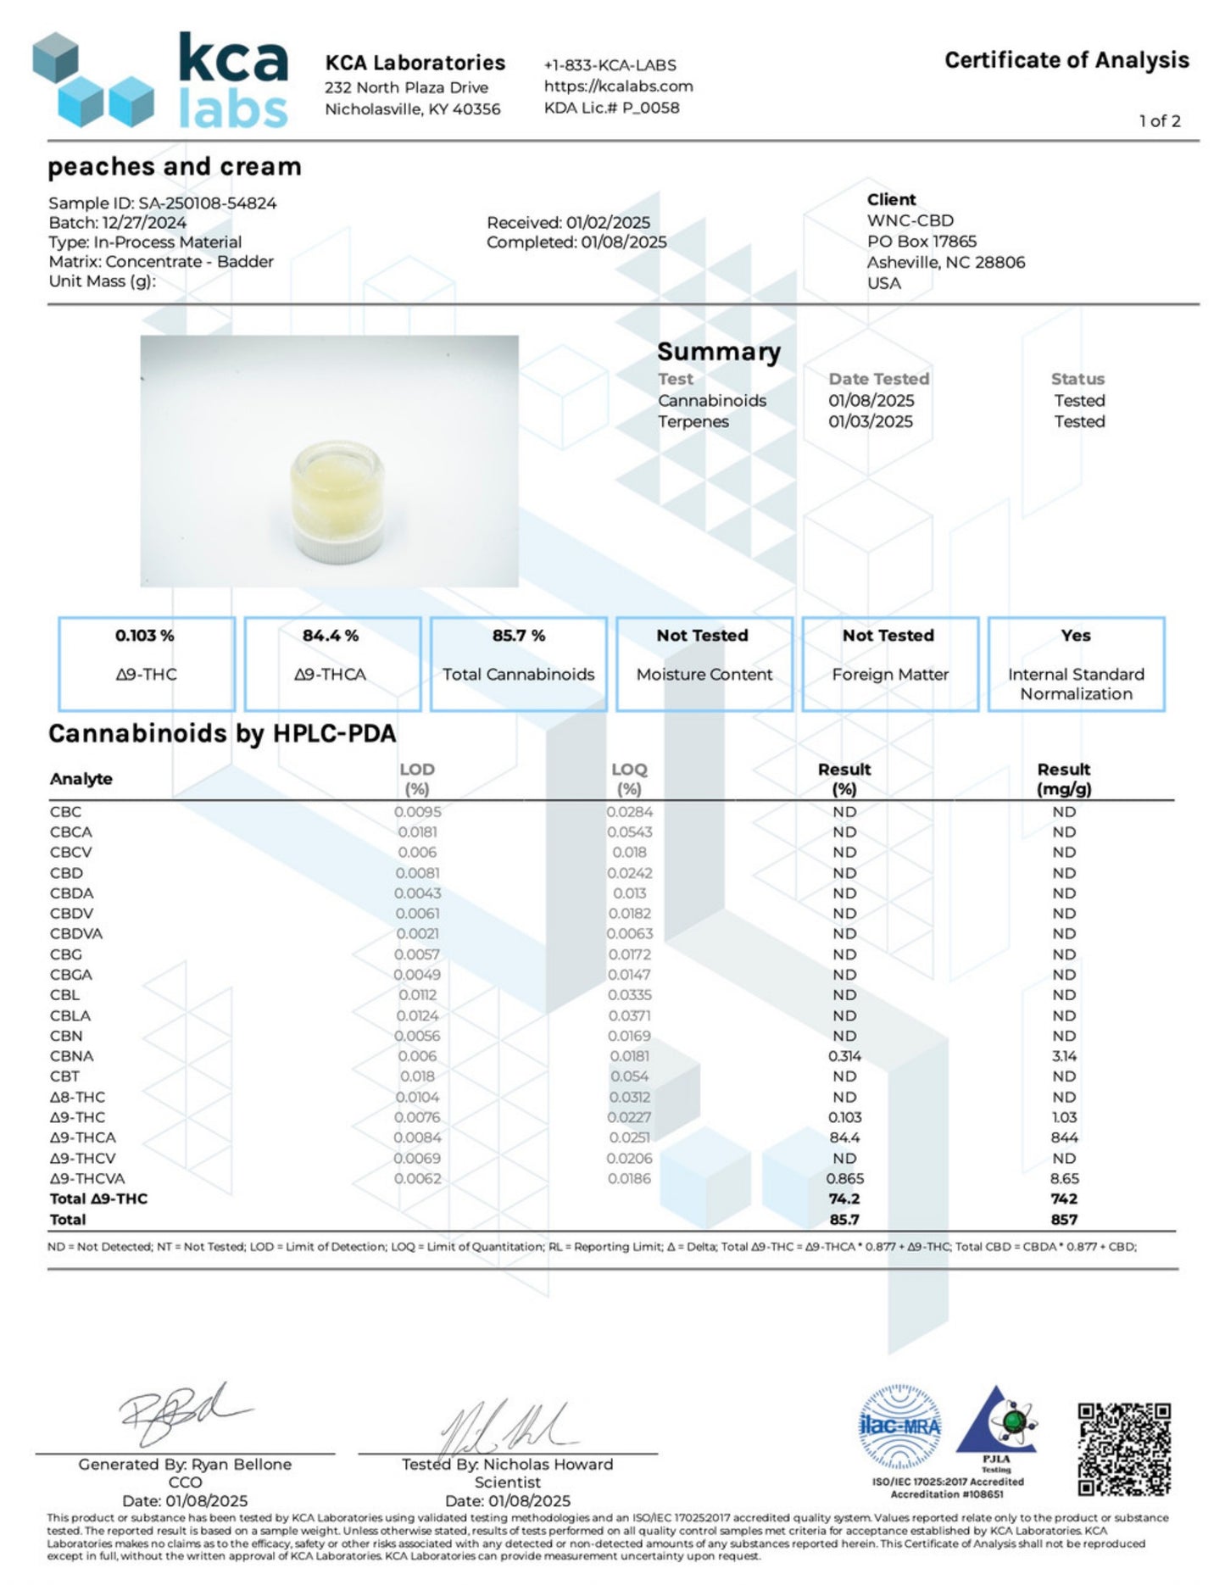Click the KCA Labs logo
point(161,81)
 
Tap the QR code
point(1123,1449)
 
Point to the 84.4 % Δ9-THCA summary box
point(331,664)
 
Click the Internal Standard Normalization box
point(1076,664)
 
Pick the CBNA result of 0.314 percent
point(844,1056)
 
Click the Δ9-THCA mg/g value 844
point(1064,1137)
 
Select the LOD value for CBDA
point(417,893)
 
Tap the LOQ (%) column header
point(629,778)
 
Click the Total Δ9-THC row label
point(98,1198)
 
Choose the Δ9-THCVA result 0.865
point(844,1178)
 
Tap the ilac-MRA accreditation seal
point(899,1426)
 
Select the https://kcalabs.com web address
point(618,86)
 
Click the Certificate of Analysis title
point(1066,60)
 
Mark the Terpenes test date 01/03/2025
point(871,421)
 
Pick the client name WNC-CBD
point(910,220)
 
